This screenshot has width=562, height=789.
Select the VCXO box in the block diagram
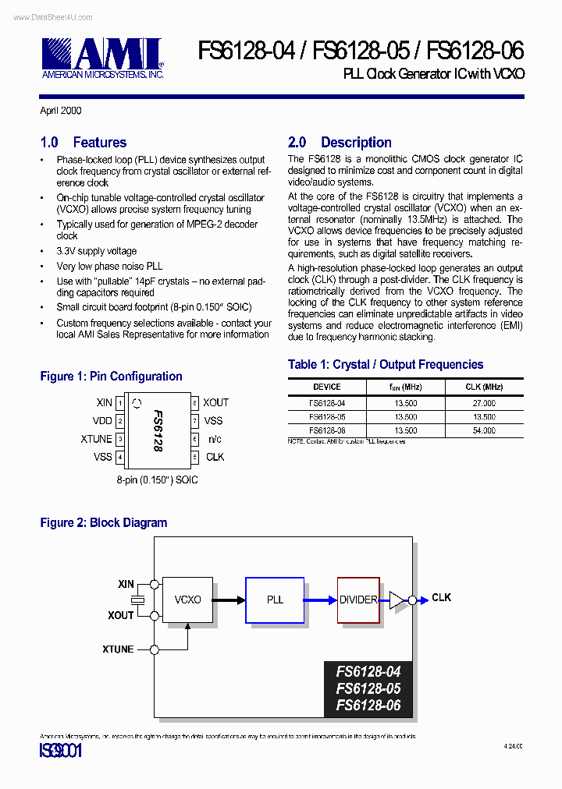(187, 600)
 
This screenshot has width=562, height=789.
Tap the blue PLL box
(275, 600)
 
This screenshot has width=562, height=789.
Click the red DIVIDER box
(358, 600)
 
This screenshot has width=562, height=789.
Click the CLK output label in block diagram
(441, 598)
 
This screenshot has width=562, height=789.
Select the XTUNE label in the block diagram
(118, 649)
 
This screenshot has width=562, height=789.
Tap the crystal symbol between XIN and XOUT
(138, 600)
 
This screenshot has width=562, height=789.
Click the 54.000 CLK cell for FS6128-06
(483, 430)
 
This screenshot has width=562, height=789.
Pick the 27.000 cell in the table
(483, 403)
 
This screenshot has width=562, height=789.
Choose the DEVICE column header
(326, 387)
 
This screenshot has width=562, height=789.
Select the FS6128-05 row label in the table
(326, 417)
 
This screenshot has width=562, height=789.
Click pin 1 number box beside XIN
(119, 403)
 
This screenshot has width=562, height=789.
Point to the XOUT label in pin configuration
(215, 403)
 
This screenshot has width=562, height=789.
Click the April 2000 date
(61, 111)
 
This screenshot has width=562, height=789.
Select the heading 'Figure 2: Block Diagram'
(103, 523)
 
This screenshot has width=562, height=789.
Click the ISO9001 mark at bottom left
(60, 752)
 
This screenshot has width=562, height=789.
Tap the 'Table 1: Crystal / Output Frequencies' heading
(386, 365)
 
